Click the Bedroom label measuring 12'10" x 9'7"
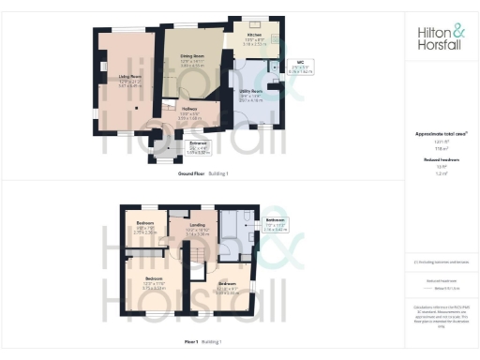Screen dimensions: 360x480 228,288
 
